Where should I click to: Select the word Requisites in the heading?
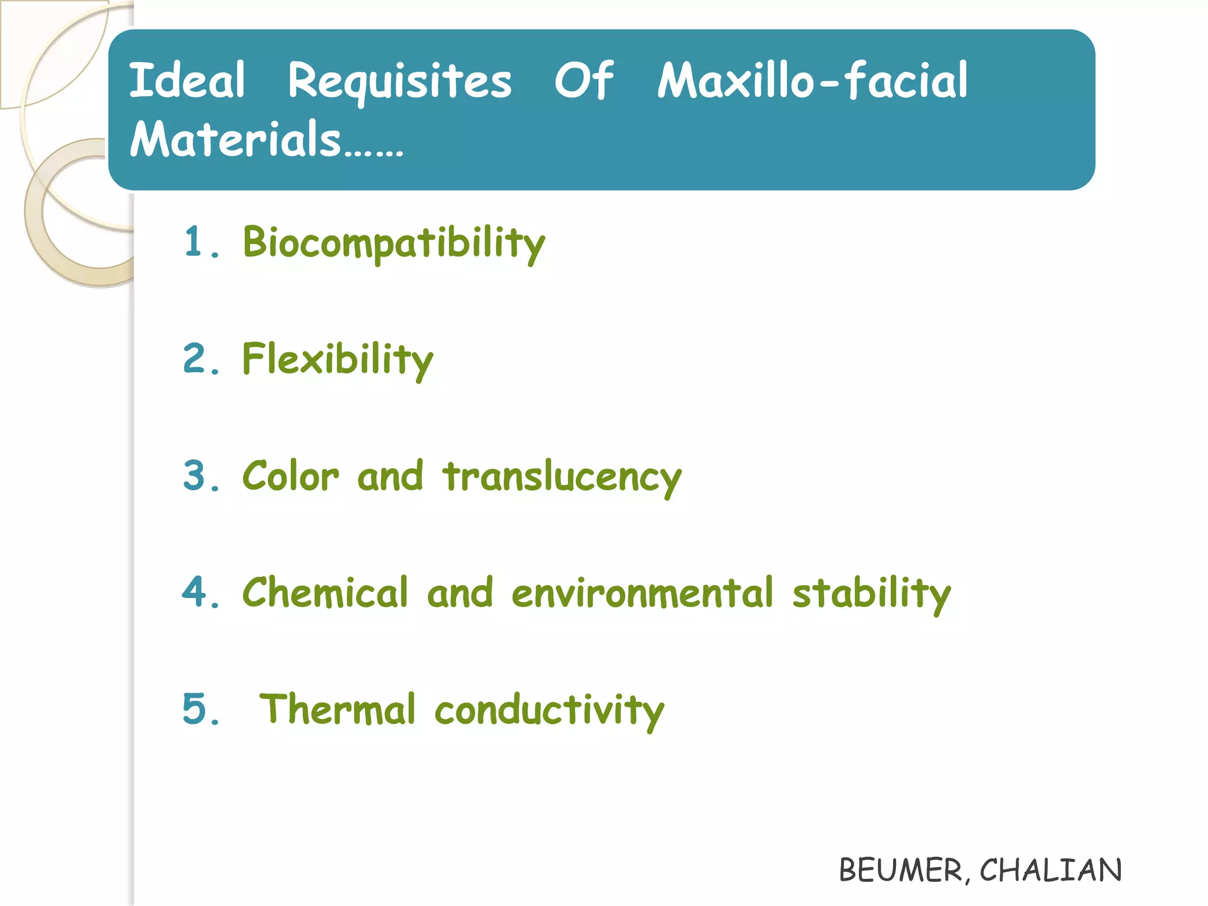coord(400,81)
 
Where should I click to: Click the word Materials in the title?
coord(236,139)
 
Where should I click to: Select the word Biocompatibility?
coord(394,242)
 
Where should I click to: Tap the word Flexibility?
coord(337,359)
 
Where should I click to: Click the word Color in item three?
coord(291,475)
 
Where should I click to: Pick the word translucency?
coord(562,477)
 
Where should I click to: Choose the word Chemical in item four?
coord(325,592)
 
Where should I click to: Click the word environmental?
coord(642,592)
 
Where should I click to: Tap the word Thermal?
coord(337,709)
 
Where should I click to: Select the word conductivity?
coord(549,710)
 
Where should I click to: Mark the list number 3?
coord(195,475)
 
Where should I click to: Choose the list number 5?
coord(195,709)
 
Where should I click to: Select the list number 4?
coord(195,592)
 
